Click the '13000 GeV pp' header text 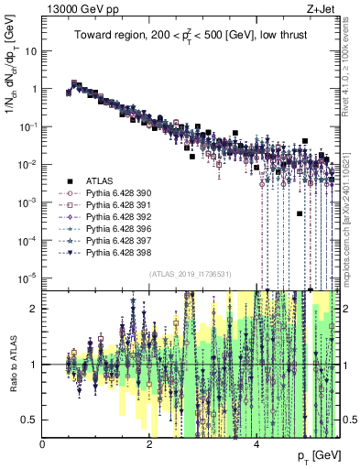pyautogui.click(x=75, y=7)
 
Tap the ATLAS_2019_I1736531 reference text pyautogui.click(x=191, y=274)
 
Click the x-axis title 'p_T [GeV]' pyautogui.click(x=318, y=455)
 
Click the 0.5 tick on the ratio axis pyautogui.click(x=29, y=420)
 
